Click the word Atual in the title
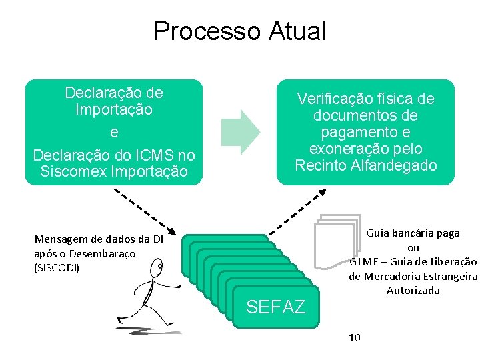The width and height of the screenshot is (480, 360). pyautogui.click(x=297, y=31)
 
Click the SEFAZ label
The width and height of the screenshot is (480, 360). pyautogui.click(x=275, y=307)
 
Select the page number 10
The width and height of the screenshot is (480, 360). pyautogui.click(x=355, y=338)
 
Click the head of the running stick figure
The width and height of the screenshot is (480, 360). pyautogui.click(x=158, y=269)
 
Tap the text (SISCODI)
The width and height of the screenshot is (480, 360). pyautogui.click(x=57, y=267)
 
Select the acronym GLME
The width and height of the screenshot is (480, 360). pyautogui.click(x=364, y=262)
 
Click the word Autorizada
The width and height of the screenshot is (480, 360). pyautogui.click(x=413, y=291)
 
